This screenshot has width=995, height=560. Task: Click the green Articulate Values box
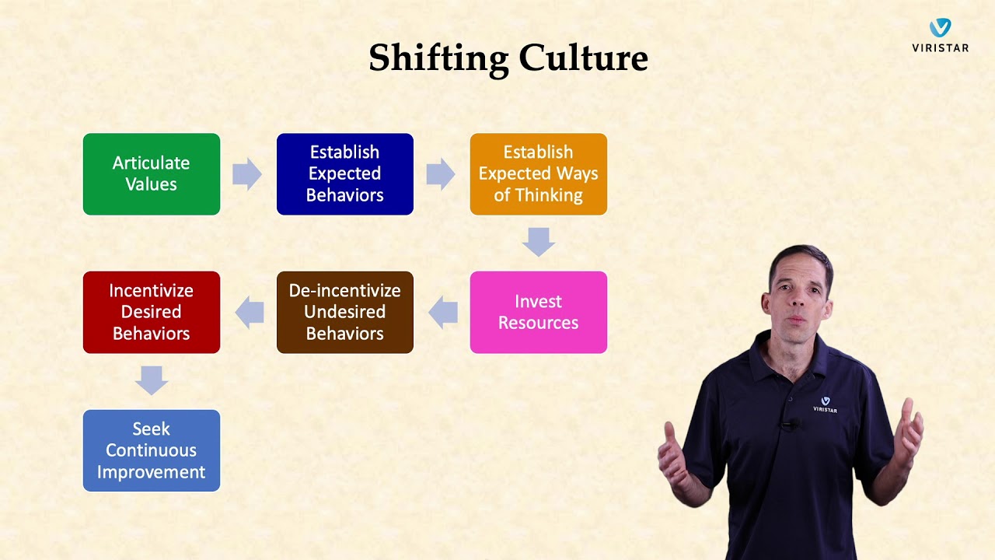coord(152,174)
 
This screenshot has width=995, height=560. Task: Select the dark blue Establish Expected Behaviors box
coord(345,174)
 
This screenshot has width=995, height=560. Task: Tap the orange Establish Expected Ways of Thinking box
coord(538,174)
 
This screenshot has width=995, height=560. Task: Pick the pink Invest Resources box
coord(538,312)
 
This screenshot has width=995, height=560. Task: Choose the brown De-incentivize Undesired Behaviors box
coord(345,312)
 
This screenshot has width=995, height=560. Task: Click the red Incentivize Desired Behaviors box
coord(152,312)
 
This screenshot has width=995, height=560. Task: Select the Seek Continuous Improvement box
coord(152,450)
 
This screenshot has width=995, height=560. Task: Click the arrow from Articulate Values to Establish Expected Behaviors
coord(247,174)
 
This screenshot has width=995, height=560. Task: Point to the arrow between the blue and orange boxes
coord(441,174)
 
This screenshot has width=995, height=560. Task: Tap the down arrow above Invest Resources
coord(538,242)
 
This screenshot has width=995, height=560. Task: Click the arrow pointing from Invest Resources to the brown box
coord(442,312)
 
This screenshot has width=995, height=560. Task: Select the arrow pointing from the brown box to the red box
coord(249,312)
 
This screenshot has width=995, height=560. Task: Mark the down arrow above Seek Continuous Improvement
coord(152,380)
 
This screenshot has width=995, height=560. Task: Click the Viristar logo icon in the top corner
coord(941,28)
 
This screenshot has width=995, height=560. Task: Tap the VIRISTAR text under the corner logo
coord(941,48)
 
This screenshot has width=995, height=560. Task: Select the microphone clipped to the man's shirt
coord(790,425)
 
